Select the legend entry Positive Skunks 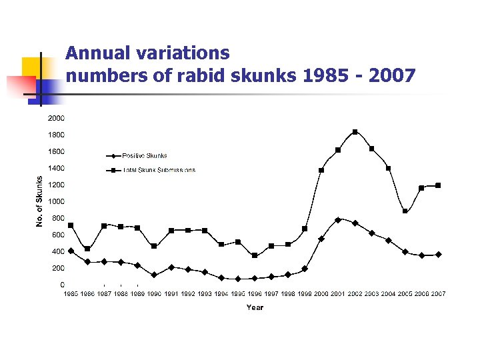[x=144, y=155]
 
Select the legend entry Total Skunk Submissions [x=159, y=170]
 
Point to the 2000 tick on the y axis [x=55, y=119]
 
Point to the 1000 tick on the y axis [x=55, y=201]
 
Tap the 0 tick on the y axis [x=61, y=285]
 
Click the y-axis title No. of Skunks [x=39, y=201]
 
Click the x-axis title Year [x=255, y=307]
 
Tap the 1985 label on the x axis [x=71, y=294]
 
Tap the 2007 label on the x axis [x=438, y=294]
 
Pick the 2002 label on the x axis [x=355, y=294]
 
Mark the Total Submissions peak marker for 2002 [x=355, y=132]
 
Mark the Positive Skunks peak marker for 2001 [x=338, y=219]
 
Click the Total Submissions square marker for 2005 [x=405, y=211]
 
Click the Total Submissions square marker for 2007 [x=438, y=185]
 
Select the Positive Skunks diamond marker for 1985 [x=71, y=251]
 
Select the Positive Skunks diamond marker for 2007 [x=438, y=254]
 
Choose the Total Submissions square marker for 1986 [x=87, y=249]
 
